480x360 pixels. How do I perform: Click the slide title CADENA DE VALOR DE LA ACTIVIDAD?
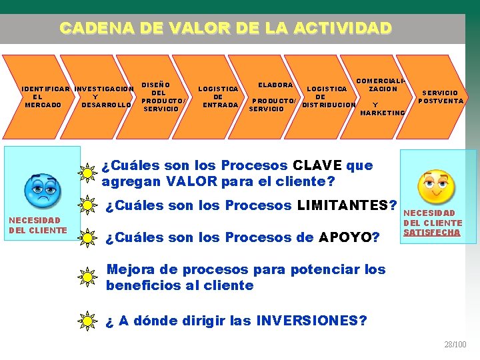[x=225, y=28]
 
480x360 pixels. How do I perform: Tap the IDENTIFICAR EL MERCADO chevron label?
[x=43, y=97]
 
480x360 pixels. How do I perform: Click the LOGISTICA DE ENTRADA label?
[x=218, y=97]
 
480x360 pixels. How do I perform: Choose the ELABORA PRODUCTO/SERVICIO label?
[x=273, y=97]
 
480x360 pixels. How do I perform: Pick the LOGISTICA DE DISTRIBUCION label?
[x=328, y=97]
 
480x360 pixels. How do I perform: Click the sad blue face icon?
[x=41, y=189]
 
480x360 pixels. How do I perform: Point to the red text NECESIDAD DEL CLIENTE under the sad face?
[x=37, y=225]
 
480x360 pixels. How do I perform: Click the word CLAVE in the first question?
[x=317, y=165]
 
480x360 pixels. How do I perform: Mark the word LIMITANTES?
[x=347, y=205]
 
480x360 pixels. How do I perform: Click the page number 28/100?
[x=455, y=345]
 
